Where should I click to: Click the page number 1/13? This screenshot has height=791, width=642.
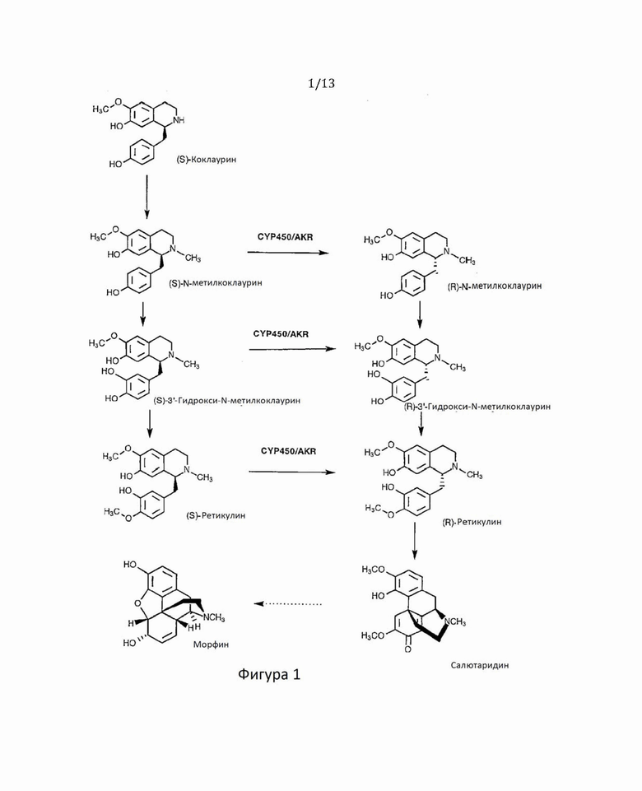(321, 83)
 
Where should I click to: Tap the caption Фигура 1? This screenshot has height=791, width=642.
(269, 674)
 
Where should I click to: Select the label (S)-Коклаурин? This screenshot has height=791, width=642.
(206, 160)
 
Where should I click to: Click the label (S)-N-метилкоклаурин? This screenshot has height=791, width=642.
(216, 283)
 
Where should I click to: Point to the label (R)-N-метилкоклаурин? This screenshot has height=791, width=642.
(495, 286)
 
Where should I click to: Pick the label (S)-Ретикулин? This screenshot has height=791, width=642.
(216, 515)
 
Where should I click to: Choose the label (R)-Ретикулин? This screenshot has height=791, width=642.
(472, 522)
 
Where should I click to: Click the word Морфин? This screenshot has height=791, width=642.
(211, 644)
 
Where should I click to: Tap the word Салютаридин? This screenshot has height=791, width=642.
(480, 665)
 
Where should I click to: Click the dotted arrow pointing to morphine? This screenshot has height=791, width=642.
(288, 604)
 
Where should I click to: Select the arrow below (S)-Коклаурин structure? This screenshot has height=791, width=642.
(147, 198)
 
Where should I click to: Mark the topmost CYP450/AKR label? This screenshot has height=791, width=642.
(285, 236)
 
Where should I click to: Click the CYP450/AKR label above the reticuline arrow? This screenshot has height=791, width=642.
(288, 451)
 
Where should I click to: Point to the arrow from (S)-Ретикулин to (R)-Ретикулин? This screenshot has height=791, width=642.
(292, 472)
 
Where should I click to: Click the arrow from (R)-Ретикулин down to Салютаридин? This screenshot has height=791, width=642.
(415, 541)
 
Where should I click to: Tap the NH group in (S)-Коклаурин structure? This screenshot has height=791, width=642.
(179, 120)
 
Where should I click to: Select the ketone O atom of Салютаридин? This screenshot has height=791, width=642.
(407, 649)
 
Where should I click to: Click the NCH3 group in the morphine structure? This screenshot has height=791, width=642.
(214, 617)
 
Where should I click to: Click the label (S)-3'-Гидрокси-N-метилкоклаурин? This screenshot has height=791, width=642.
(227, 401)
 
